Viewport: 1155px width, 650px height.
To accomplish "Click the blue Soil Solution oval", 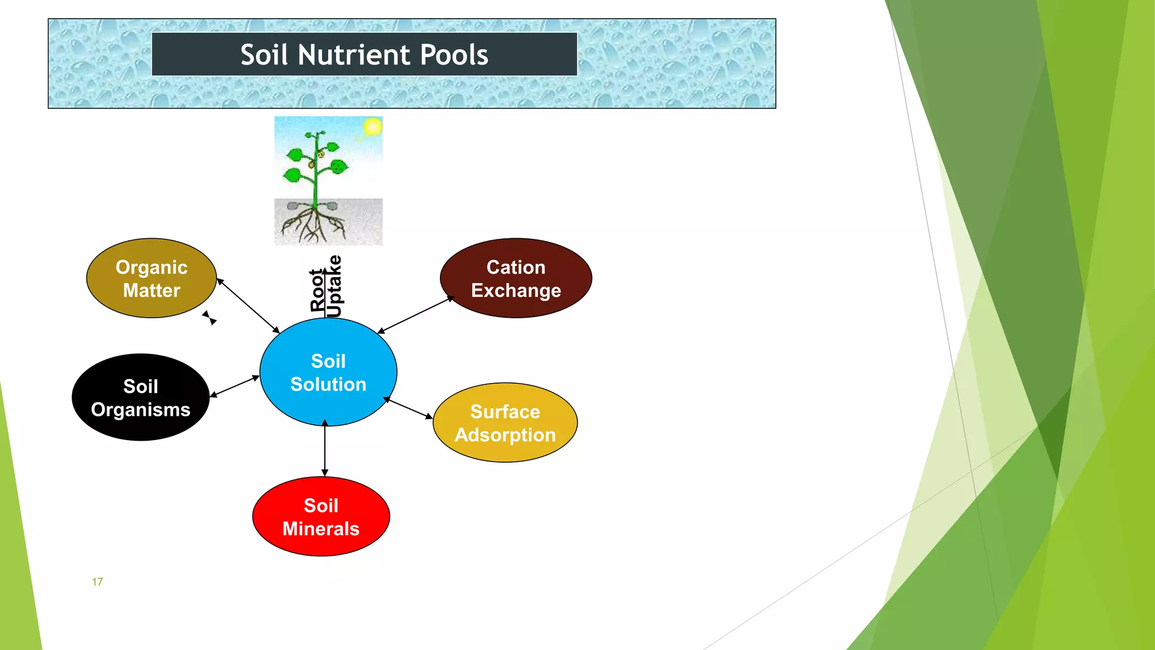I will (x=328, y=372).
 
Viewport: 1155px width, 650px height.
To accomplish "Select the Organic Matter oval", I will (x=151, y=278).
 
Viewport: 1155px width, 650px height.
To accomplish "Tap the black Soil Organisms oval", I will (x=140, y=398).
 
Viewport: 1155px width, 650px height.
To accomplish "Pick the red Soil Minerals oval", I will (x=321, y=517).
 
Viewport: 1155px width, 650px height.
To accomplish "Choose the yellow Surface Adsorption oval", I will (x=505, y=423).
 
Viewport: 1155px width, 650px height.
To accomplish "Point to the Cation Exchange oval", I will (x=515, y=278).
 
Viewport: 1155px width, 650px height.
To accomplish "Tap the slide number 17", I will (x=98, y=582).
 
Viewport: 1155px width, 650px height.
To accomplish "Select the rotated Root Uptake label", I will (x=326, y=287).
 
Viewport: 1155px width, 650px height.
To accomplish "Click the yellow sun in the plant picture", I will (x=372, y=127).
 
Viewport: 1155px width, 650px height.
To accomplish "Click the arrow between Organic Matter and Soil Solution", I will (x=248, y=306).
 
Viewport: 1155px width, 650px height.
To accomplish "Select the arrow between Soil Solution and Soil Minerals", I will (x=325, y=449).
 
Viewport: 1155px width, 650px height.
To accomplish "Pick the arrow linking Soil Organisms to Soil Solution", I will (x=235, y=387).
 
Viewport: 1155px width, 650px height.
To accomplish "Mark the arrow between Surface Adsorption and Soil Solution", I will (x=408, y=409).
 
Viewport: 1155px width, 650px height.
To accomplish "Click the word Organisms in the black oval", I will (x=140, y=410).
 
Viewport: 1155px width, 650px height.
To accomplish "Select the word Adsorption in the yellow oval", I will (x=505, y=435).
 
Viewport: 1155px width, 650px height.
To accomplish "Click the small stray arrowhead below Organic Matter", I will (x=209, y=318).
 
